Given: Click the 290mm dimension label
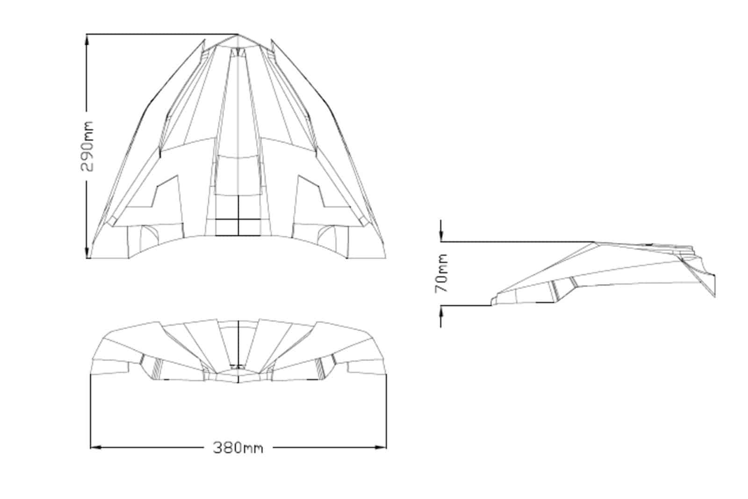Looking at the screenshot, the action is (x=87, y=146).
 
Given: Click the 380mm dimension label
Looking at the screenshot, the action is (x=238, y=448).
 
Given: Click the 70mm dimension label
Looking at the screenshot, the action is (x=441, y=273).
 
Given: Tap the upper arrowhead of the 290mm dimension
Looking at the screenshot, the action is (x=87, y=40).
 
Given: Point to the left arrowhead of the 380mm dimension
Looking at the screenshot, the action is (x=96, y=448).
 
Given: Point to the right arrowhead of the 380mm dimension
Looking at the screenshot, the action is (x=381, y=448).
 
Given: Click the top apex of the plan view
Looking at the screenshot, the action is (x=238, y=35).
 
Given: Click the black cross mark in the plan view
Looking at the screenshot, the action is (x=238, y=219).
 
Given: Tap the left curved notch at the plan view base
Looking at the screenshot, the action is (x=150, y=237).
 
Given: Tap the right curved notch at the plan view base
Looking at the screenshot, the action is (x=326, y=237).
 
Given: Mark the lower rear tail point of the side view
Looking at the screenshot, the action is (x=715, y=297).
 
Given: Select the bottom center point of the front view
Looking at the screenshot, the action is (x=238, y=383).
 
